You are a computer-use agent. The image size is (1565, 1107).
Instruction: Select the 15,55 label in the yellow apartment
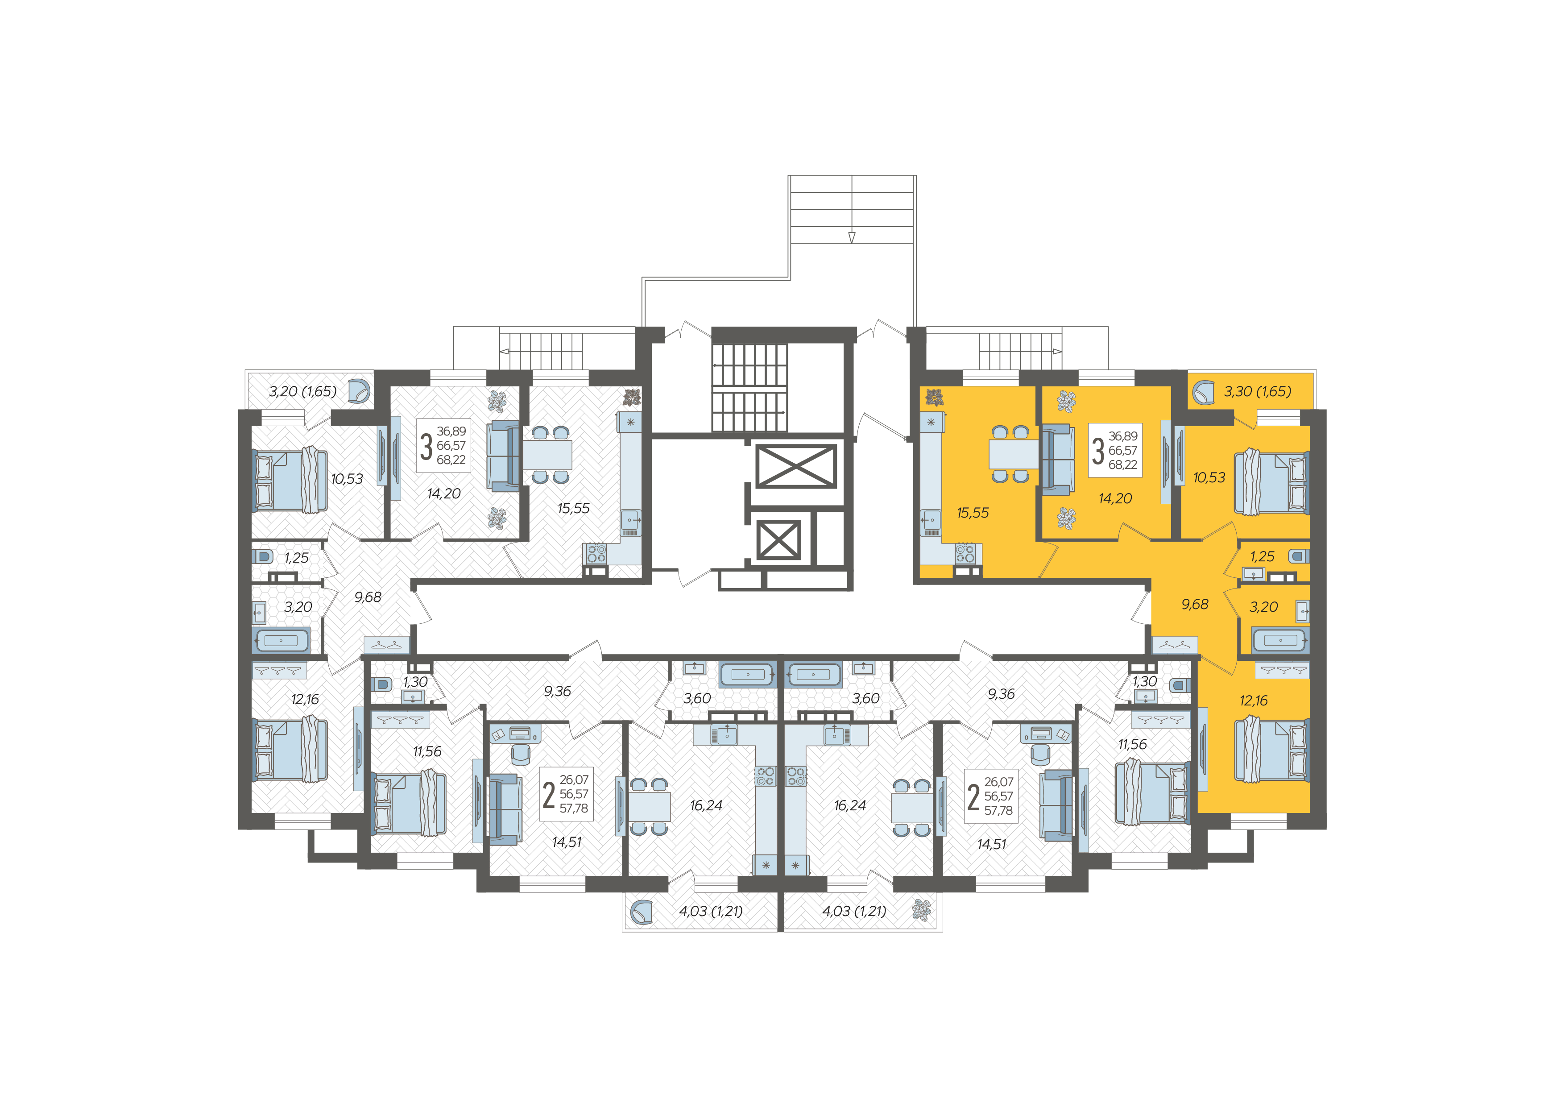pyautogui.click(x=973, y=513)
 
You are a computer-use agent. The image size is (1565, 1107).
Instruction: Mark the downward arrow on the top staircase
pyautogui.click(x=851, y=236)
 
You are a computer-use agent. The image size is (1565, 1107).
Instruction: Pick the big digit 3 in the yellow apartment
pyautogui.click(x=1098, y=451)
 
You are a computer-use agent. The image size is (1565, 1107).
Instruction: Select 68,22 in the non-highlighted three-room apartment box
pyautogui.click(x=451, y=460)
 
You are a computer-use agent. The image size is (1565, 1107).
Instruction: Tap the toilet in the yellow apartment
pyautogui.click(x=1298, y=556)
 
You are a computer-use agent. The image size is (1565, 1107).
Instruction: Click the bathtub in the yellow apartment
pyautogui.click(x=1280, y=640)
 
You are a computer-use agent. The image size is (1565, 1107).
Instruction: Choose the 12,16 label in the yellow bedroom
pyautogui.click(x=1254, y=700)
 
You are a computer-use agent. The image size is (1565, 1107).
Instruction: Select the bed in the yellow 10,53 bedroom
pyautogui.click(x=1272, y=481)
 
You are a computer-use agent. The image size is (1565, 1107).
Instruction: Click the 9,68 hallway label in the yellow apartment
pyautogui.click(x=1194, y=605)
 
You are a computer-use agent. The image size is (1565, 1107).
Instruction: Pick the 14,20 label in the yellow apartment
pyautogui.click(x=1115, y=499)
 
